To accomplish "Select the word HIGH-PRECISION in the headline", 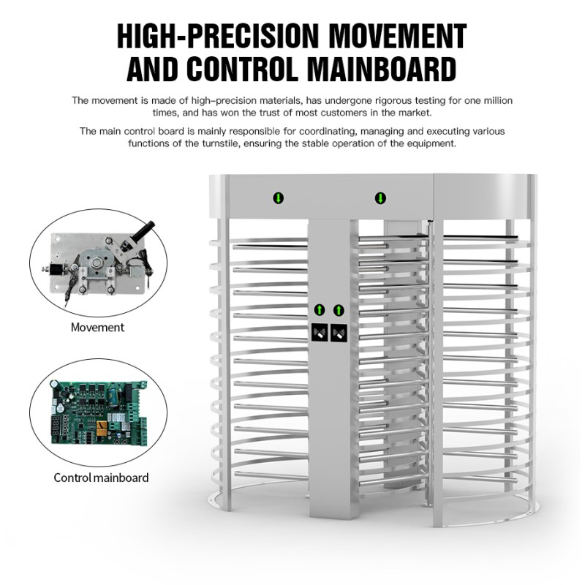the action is point(218,36).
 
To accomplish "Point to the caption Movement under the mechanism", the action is point(97,328).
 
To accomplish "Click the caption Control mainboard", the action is point(101,478).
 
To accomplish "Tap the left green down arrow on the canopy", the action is point(279,197).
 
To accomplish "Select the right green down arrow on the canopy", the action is point(380,197).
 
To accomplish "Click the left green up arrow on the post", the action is point(320,309).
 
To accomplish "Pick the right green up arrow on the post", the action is point(339,309).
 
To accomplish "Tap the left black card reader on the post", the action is point(320,333).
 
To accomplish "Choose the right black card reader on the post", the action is point(339,333).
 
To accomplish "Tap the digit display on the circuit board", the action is point(56,426).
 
